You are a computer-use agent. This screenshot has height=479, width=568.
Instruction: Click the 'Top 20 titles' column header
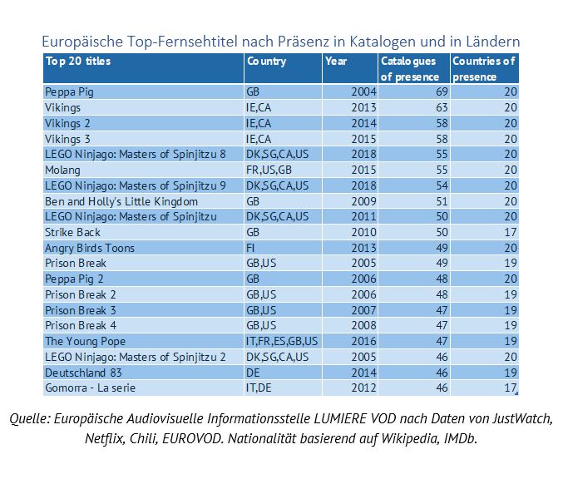pos(78,61)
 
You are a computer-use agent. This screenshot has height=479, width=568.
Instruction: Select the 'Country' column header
pos(266,61)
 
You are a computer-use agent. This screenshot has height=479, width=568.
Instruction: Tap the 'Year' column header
pos(337,61)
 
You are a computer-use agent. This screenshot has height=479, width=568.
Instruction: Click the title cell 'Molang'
pos(63,170)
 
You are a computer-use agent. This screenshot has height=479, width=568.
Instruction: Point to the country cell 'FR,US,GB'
pos(270,170)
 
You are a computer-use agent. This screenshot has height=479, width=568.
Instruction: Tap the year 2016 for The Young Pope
pos(363,341)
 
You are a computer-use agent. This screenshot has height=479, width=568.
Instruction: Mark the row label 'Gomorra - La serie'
pos(90,388)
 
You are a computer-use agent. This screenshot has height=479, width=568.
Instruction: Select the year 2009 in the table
pos(363,201)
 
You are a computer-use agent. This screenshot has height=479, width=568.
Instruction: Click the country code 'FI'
pos(251,248)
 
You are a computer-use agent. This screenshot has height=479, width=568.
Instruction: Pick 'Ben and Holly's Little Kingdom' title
pos(121,201)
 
